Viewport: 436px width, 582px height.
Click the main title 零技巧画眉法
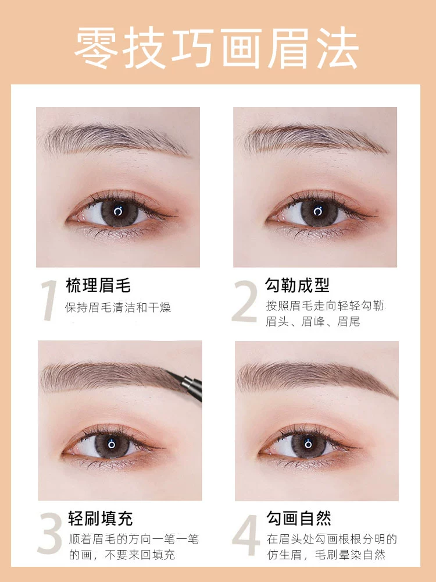pyautogui.click(x=217, y=48)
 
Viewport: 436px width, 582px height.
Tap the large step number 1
pyautogui.click(x=49, y=300)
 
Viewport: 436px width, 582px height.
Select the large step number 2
pyautogui.click(x=245, y=301)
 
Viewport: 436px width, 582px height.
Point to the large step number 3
pyautogui.click(x=49, y=534)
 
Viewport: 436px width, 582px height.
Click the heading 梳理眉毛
pyautogui.click(x=98, y=286)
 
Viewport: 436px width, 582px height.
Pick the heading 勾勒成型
pyautogui.click(x=297, y=285)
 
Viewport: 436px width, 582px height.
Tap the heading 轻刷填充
pyautogui.click(x=101, y=519)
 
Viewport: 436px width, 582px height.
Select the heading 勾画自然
pyautogui.click(x=299, y=518)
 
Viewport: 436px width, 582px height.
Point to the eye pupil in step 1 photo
pyautogui.click(x=118, y=212)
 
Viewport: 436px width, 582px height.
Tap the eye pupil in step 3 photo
pyautogui.click(x=112, y=443)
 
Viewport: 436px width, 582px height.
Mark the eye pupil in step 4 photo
pyautogui.click(x=308, y=443)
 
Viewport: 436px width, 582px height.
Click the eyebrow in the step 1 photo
pyautogui.click(x=115, y=141)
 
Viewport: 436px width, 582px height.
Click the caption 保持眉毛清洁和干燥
pyautogui.click(x=118, y=307)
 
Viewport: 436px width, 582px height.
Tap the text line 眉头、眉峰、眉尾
pyautogui.click(x=313, y=321)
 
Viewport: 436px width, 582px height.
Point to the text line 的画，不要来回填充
pyautogui.click(x=121, y=555)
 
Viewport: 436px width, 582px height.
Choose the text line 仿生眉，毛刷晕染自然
pyautogui.click(x=326, y=555)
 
